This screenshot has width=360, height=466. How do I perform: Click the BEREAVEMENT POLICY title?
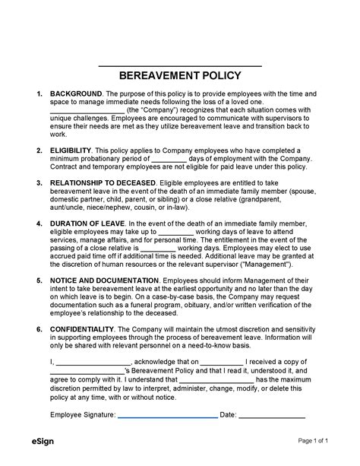pos(180,75)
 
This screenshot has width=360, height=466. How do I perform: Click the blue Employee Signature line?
pos(167,416)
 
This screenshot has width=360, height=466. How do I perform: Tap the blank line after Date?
pos(273,416)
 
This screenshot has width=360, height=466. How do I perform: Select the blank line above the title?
pos(180,66)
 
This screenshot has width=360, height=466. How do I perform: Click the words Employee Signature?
pos(83,415)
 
